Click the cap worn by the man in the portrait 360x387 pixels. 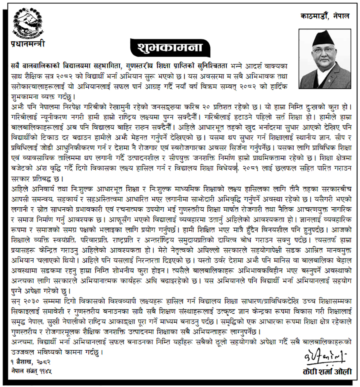(325, 39)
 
